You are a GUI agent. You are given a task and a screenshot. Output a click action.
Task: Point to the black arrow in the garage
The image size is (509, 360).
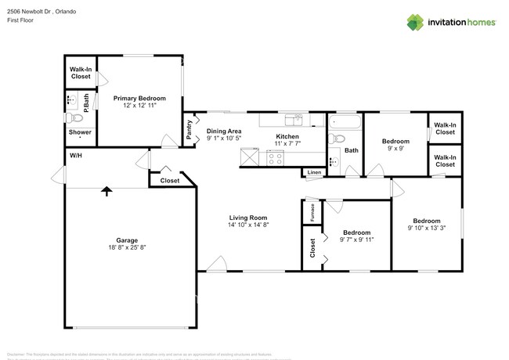tap(106, 190)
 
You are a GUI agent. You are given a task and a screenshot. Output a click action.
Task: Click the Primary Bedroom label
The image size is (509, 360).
tap(139, 99)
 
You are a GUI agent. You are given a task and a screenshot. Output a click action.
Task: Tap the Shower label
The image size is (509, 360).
tap(80, 132)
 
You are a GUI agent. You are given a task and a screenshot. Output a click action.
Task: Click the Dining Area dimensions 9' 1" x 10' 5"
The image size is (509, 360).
tap(224, 139)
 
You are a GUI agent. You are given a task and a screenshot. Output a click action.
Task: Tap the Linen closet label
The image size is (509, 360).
tap(314, 172)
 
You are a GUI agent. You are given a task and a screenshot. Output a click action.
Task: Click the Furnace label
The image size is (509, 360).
tap(312, 213)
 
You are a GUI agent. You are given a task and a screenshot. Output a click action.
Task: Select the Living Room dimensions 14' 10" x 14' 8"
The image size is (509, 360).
tap(248, 225)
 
